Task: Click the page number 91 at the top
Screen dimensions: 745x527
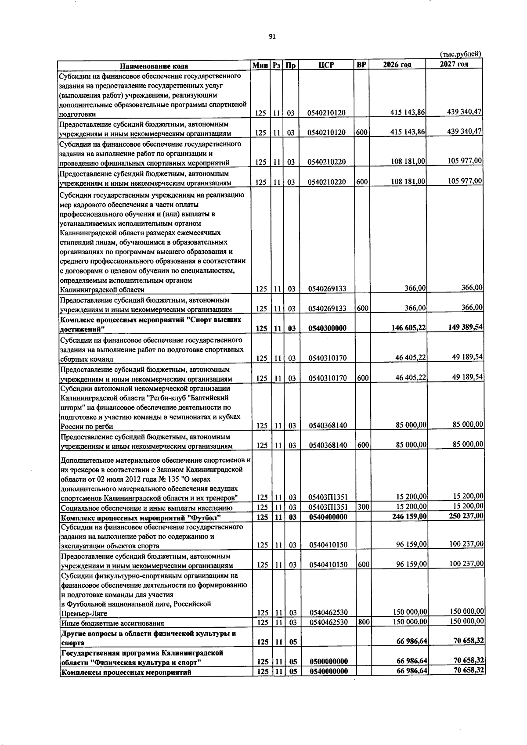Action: tap(272, 37)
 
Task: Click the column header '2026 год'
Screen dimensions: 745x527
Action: tap(397, 65)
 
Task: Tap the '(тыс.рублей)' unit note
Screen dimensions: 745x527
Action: tap(461, 54)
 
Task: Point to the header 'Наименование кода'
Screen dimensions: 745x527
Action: tap(154, 66)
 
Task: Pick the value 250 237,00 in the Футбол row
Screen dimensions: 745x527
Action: tap(466, 515)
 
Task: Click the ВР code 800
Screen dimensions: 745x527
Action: tap(362, 622)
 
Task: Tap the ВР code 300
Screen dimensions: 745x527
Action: tap(362, 507)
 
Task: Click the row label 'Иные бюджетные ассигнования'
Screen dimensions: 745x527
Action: tap(112, 623)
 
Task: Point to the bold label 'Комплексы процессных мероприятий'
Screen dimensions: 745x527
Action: tap(126, 672)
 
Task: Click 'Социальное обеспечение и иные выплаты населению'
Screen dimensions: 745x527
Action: tap(147, 508)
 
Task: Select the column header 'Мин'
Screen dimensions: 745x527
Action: tap(260, 65)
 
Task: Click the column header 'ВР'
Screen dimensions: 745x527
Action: tap(361, 65)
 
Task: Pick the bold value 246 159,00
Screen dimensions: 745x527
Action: tap(409, 516)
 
